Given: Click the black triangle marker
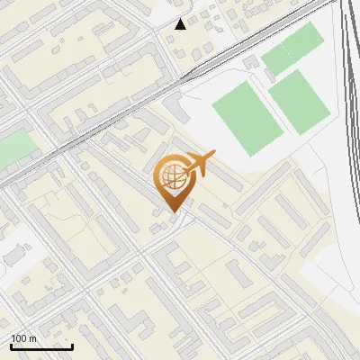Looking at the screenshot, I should pos(181,24).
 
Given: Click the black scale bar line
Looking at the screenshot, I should pos(41,346).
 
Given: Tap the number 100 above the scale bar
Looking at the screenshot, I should pos(19,337).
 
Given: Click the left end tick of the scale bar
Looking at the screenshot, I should pos(11,345).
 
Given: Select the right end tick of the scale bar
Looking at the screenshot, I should pos(72,345).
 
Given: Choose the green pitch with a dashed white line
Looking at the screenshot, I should pos(292,49).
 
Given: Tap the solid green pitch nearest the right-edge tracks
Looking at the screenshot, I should pos(300,100).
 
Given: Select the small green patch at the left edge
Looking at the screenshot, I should pos(13,148).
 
